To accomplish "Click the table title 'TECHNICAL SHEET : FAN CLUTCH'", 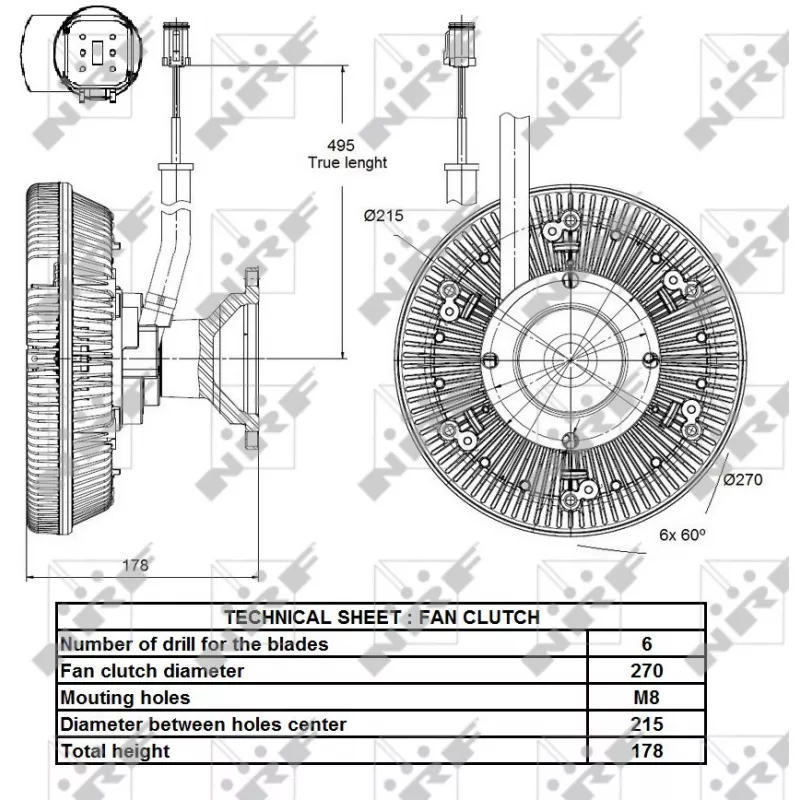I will pos(381,617).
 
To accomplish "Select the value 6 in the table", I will pos(645,644).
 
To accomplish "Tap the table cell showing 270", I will pos(645,671).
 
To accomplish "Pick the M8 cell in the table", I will pos(645,697).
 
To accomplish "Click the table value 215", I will pos(645,724).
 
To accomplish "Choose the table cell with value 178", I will pos(645,750).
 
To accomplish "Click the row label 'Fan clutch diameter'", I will pos(152,671).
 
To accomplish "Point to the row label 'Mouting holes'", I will pos(125,697).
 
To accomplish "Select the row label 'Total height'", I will pos(115,750).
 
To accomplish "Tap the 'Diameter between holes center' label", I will pos(203,724).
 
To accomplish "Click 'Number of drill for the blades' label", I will pos(194,644).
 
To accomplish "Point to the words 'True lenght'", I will pos(347,162).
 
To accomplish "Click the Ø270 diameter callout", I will pos(743,479).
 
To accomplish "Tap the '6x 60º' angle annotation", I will pos(683,534).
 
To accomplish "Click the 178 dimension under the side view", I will pos(135,565).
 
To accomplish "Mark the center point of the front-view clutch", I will pos(571,357).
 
